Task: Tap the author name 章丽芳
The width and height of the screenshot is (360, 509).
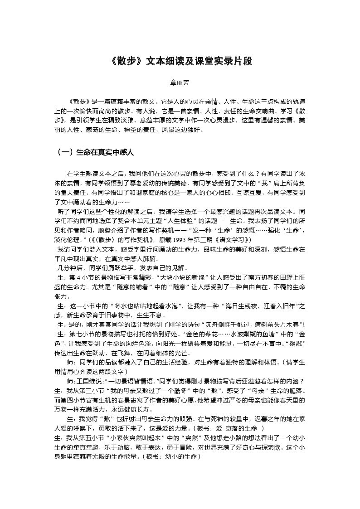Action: (x=180, y=83)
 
